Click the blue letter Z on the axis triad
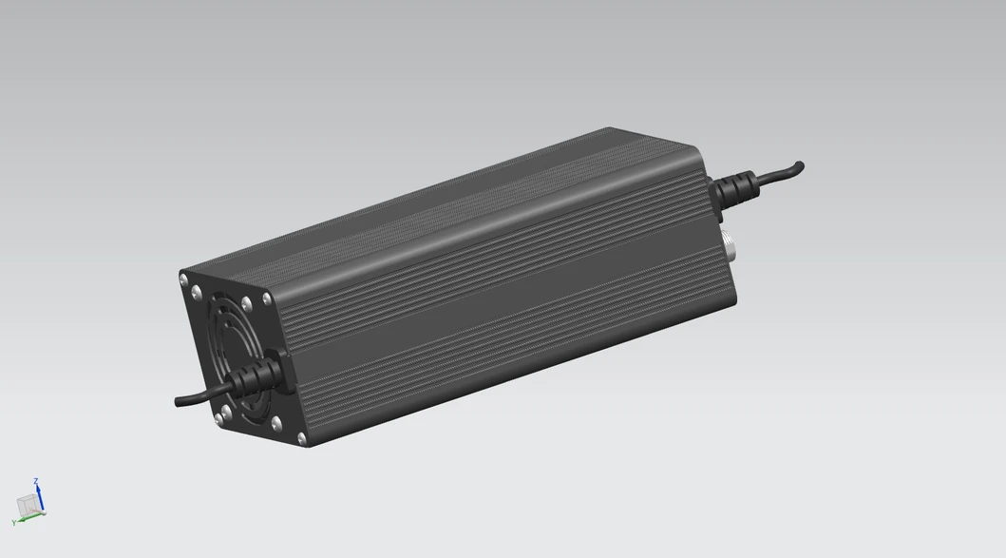pyautogui.click(x=36, y=482)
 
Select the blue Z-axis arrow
pyautogui.click(x=39, y=497)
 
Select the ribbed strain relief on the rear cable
pyautogui.click(x=735, y=186)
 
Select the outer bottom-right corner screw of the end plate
pyautogui.click(x=302, y=438)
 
